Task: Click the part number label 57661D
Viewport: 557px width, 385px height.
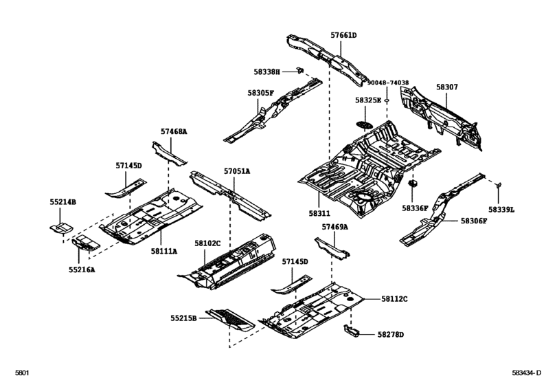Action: [x=343, y=35]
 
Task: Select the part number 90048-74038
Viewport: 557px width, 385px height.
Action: [x=387, y=82]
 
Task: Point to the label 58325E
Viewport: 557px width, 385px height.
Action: [x=368, y=100]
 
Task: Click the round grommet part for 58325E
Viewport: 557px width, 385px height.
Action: [x=364, y=124]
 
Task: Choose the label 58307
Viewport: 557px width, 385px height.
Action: [x=446, y=88]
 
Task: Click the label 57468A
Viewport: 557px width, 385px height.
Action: [x=174, y=131]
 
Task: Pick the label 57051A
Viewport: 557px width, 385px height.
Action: [x=236, y=170]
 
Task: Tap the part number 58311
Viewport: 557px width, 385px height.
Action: [x=319, y=195]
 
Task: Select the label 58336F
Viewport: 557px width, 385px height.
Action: [x=415, y=208]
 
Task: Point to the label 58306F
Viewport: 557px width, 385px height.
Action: [x=473, y=221]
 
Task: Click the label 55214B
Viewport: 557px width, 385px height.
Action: [x=62, y=202]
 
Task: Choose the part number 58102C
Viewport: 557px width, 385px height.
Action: [x=207, y=243]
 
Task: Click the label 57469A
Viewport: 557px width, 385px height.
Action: [x=334, y=226]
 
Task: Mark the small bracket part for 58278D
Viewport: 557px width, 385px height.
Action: [x=353, y=332]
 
